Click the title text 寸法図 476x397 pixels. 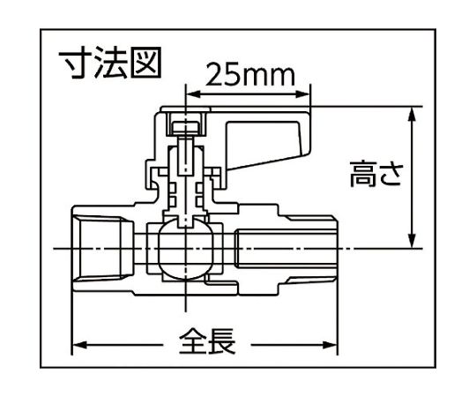pyautogui.click(x=109, y=64)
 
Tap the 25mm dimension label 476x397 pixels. pyautogui.click(x=250, y=75)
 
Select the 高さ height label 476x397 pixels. pyautogui.click(x=376, y=174)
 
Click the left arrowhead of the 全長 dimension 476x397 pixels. pyautogui.click(x=81, y=345)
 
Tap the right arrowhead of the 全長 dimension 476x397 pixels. pyautogui.click(x=330, y=345)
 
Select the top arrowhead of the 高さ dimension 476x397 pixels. pyautogui.click(x=412, y=114)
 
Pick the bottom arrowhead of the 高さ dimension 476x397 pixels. pyautogui.click(x=412, y=241)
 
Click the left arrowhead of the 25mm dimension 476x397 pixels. pyautogui.click(x=193, y=94)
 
